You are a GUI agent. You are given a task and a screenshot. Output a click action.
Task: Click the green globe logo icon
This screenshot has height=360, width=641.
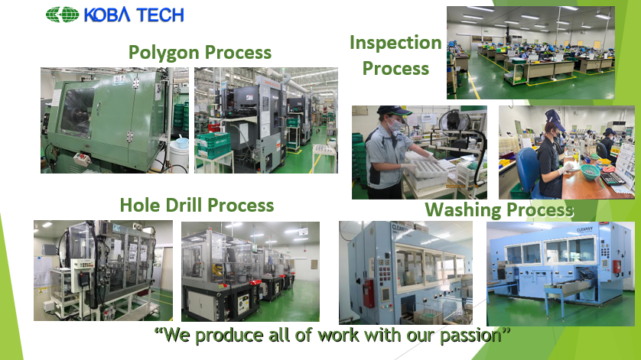point(62,15)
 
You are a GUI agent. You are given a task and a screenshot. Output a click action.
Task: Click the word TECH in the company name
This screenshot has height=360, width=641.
point(160,15)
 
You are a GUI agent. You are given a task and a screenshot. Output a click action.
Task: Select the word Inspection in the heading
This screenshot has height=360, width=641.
point(395,43)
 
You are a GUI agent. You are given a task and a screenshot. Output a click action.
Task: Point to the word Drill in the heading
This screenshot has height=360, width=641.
point(184,205)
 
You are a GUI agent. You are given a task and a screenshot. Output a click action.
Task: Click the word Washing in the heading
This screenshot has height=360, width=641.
point(464,210)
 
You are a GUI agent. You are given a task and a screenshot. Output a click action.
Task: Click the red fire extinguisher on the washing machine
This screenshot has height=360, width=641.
point(369,293)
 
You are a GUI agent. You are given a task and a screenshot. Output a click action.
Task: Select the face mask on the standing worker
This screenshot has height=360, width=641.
point(395,125)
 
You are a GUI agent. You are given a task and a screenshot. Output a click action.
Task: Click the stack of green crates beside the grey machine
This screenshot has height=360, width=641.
point(213,144)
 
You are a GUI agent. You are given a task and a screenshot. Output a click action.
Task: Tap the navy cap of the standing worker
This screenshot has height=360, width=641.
point(393,110)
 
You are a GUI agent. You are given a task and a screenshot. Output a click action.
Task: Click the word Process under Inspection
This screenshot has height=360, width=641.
point(395,69)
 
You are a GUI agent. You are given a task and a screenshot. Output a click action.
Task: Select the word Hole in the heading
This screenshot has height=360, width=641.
point(140,205)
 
